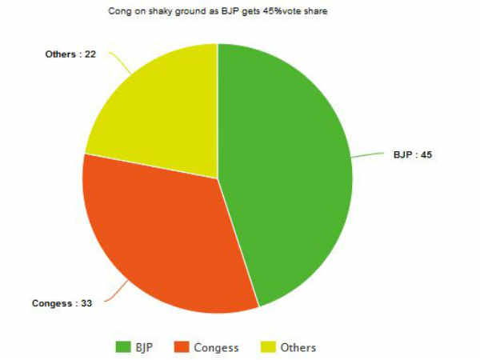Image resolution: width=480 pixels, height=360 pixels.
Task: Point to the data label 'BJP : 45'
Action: [x=412, y=154]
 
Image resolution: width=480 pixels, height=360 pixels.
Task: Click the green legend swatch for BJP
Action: [x=123, y=346]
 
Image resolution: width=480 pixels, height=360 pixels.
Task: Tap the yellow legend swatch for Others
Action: [x=269, y=346]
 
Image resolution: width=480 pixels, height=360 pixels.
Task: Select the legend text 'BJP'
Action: [x=145, y=347]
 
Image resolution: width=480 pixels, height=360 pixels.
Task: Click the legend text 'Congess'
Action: [x=216, y=347]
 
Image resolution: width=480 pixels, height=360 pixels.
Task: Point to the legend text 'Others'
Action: [x=298, y=347]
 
